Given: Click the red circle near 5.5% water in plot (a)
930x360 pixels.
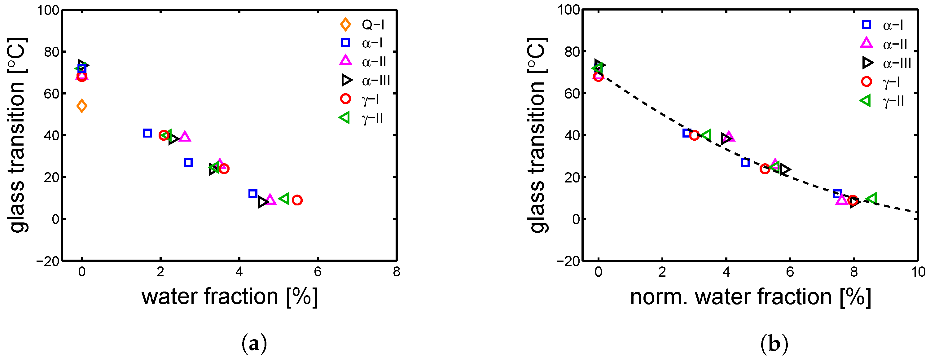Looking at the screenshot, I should pyautogui.click(x=297, y=200).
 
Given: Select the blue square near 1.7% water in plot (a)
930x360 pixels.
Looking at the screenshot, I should pyautogui.click(x=147, y=133).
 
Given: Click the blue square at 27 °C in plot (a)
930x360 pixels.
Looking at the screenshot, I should pyautogui.click(x=188, y=162).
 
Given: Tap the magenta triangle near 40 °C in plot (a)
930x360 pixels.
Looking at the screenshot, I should pyautogui.click(x=185, y=137).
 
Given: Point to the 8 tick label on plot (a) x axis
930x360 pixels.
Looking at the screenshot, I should pyautogui.click(x=397, y=271).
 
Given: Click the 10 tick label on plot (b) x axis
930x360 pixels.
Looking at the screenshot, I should pyautogui.click(x=917, y=271).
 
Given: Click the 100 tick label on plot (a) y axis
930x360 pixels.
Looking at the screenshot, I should pyautogui.click(x=48, y=10).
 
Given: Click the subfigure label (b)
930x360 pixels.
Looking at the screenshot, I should pyautogui.click(x=774, y=344).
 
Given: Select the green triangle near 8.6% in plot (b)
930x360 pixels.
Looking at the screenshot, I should pyautogui.click(x=872, y=198).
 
